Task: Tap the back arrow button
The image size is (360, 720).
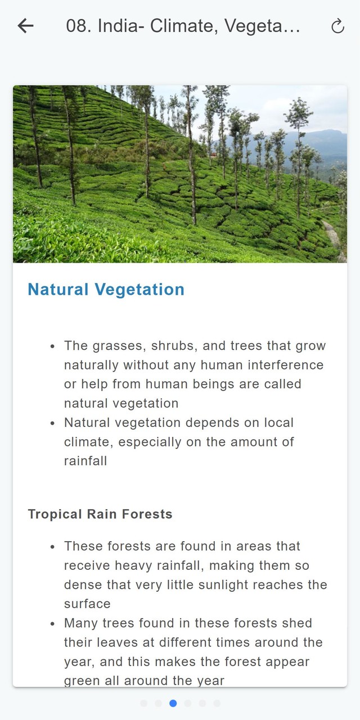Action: coord(26,26)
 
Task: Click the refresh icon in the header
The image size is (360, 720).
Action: coord(338,26)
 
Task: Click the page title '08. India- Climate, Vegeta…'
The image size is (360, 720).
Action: coord(183,26)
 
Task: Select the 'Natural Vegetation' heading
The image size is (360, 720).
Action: coord(106,289)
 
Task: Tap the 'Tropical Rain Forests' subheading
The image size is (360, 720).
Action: coord(100,514)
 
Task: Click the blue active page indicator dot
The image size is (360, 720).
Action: coord(173,703)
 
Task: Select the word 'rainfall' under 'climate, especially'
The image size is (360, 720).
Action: coord(85,461)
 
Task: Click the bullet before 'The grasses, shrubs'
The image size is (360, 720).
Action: coord(53,346)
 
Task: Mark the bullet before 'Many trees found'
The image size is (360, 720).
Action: coord(53,624)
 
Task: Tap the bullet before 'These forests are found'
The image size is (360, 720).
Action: coord(53,547)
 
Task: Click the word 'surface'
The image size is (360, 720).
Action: coord(87,604)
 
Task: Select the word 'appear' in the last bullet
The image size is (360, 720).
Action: coord(290,662)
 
